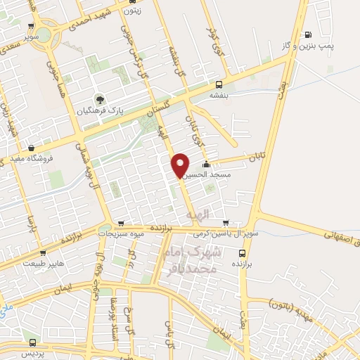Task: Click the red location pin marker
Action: coord(180,165)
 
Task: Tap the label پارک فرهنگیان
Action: coord(115,110)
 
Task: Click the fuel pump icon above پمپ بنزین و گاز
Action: coord(307,34)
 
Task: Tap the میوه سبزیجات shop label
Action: coord(121,233)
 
